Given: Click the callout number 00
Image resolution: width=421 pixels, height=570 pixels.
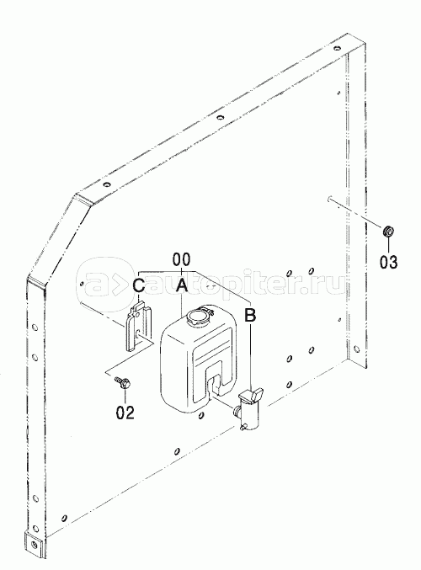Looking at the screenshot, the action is tap(181, 259).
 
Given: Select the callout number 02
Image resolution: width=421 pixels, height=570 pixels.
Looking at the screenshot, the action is tap(125, 412).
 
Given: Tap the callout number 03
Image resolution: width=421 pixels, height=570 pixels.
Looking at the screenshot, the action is tap(389, 262).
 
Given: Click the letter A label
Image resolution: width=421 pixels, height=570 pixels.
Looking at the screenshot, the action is tap(181, 285).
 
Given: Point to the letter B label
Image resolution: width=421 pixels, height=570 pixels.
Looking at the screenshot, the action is tap(250, 315).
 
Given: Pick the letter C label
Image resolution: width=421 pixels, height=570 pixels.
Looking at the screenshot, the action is tap(139, 285).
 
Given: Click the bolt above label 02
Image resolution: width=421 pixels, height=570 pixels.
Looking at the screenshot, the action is tap(123, 382).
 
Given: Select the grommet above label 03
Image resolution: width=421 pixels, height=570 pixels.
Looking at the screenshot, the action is tap(389, 231).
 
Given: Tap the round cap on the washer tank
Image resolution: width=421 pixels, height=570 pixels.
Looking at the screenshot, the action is tap(197, 316).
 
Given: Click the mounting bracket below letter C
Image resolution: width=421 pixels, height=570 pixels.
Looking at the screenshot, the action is tap(139, 325).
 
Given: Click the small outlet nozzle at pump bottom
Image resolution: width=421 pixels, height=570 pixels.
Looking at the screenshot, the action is tap(243, 428).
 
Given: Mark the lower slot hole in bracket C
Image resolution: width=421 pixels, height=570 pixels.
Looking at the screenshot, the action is tap(138, 334).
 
